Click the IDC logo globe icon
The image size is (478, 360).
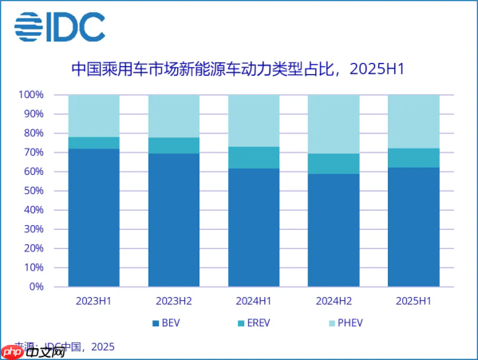30,27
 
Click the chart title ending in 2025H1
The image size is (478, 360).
239,69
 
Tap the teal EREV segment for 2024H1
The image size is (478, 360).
253,157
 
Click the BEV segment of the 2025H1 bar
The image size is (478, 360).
413,227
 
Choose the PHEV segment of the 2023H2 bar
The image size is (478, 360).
173,117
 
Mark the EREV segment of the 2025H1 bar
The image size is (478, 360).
413,158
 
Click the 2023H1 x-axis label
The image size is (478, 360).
93,302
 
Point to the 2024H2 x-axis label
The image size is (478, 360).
333,302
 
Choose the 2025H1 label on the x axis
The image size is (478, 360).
413,302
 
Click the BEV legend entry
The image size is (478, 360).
165,324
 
